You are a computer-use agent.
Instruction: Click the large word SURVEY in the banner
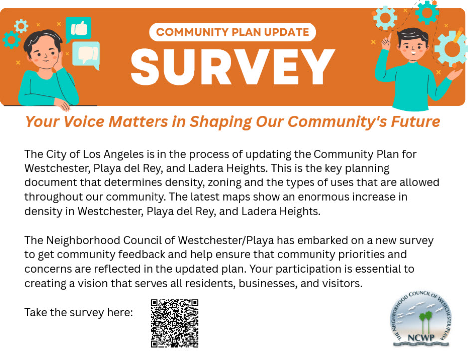(233, 66)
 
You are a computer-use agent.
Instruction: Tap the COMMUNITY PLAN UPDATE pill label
(232, 32)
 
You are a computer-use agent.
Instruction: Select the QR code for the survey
(174, 323)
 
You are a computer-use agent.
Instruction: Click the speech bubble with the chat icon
(86, 54)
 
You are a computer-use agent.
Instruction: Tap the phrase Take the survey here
(79, 313)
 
